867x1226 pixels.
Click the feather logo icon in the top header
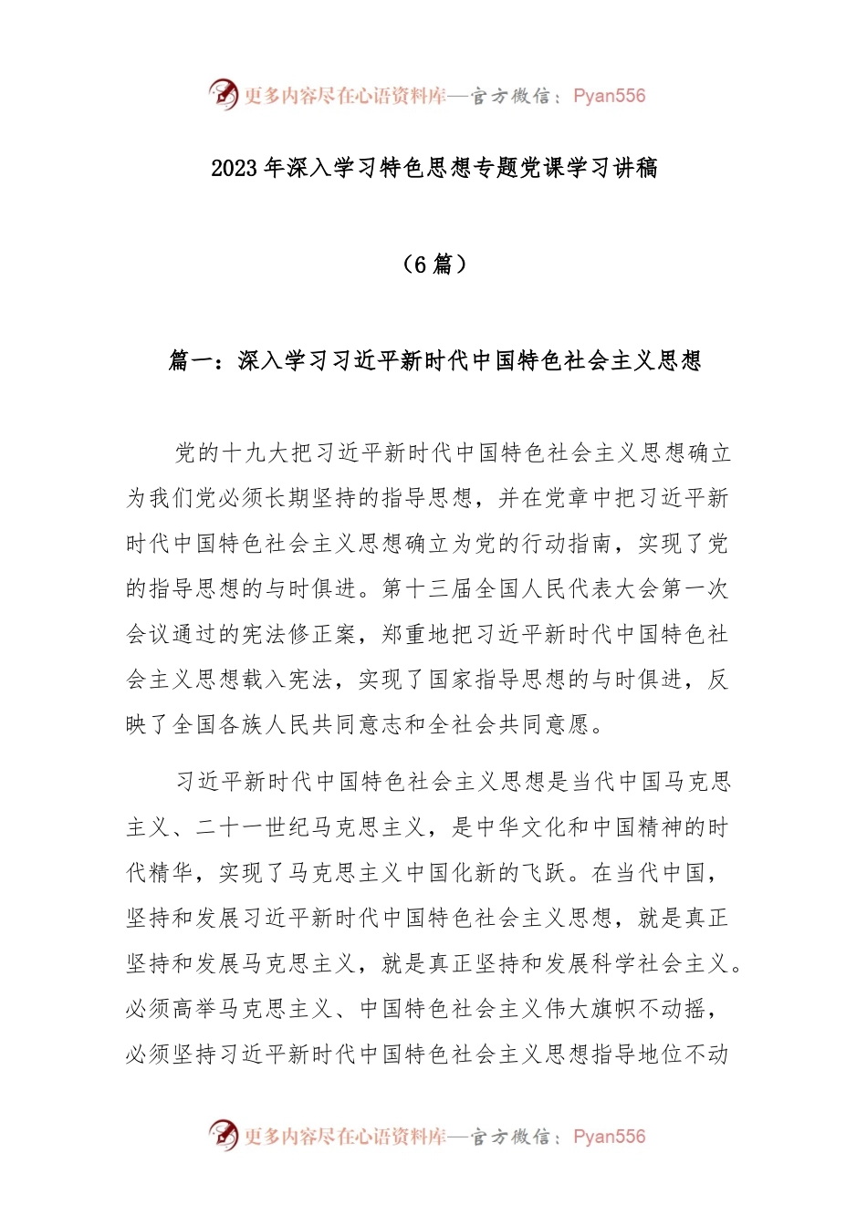[224, 94]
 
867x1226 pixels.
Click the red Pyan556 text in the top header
[609, 96]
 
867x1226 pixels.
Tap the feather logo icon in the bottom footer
[224, 1135]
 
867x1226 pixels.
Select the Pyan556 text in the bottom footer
[609, 1137]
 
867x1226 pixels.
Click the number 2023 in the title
[235, 168]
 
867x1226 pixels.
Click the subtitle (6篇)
[433, 265]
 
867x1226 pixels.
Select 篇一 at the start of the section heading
[191, 360]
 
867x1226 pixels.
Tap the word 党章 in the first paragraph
[568, 498]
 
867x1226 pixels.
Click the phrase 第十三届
[428, 588]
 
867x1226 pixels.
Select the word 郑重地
[416, 634]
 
